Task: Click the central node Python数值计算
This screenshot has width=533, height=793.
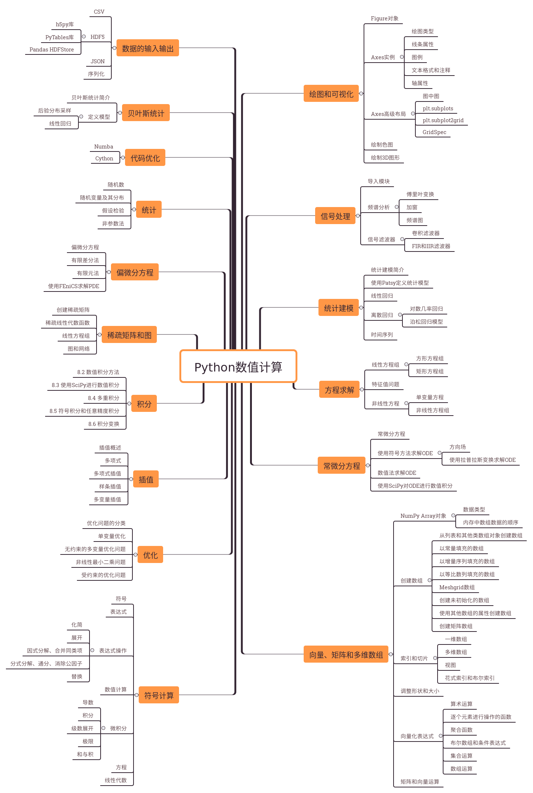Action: [238, 367]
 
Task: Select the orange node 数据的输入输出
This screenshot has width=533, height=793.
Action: [148, 48]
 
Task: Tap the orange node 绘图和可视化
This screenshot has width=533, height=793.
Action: [331, 94]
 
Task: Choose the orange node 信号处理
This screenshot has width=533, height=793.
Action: [335, 216]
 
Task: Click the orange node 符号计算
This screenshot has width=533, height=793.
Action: [159, 695]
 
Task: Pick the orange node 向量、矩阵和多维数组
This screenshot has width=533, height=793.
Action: [346, 654]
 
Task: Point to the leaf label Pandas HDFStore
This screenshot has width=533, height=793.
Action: [52, 50]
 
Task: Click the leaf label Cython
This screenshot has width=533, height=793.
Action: [104, 159]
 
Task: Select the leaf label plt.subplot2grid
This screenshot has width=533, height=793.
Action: [443, 120]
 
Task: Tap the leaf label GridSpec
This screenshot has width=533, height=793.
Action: [434, 132]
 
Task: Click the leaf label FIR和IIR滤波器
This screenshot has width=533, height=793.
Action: [431, 246]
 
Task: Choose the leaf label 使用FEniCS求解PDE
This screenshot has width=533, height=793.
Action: [74, 286]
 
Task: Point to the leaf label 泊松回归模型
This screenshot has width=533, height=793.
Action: [426, 322]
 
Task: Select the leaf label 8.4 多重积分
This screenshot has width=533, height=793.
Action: [104, 398]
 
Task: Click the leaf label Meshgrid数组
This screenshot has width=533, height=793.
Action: [457, 587]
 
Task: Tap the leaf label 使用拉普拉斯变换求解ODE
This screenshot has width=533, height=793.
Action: [482, 460]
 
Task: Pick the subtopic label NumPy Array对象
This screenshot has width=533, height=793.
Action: [423, 516]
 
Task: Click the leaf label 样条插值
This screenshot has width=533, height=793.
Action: [110, 487]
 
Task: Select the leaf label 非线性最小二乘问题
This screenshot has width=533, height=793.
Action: [101, 562]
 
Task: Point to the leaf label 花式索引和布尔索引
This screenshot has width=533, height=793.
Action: [469, 678]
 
